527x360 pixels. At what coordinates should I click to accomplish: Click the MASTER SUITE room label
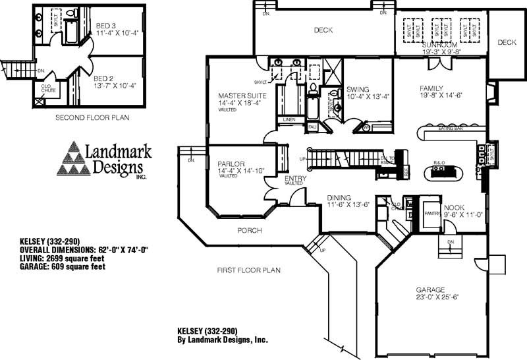[x=241, y=96]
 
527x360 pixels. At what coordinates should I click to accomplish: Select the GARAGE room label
[x=430, y=289]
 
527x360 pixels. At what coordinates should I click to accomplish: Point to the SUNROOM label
[x=439, y=45]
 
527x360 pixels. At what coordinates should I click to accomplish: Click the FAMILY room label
[x=431, y=88]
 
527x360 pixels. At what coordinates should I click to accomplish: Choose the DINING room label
[x=339, y=197]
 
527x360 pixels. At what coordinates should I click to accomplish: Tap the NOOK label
[x=454, y=208]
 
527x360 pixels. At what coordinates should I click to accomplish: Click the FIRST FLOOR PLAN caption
[x=249, y=270]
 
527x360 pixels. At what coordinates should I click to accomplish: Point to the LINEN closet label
[x=288, y=119]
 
